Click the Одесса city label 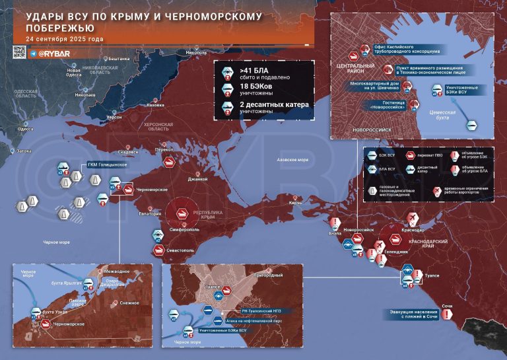26,129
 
